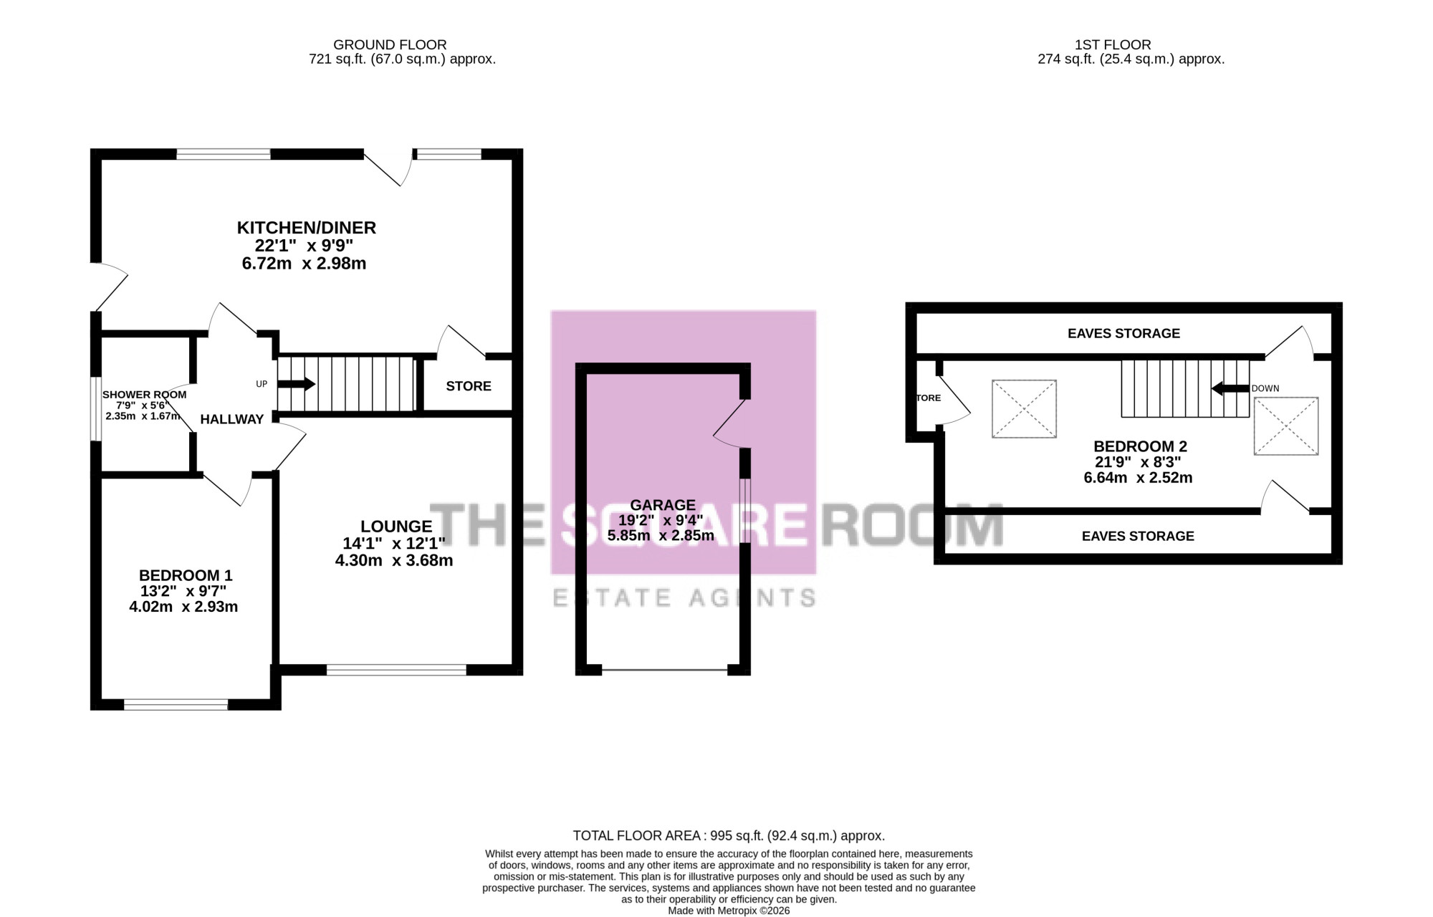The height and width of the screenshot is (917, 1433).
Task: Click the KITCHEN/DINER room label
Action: click(307, 228)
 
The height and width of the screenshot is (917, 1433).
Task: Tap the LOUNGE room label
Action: click(396, 527)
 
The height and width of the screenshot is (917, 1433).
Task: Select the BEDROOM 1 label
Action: click(186, 575)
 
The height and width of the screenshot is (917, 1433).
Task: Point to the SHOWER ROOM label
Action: click(144, 395)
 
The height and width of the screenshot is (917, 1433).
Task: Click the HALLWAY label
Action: click(232, 419)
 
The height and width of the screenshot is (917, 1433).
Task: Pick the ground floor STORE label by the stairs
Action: click(469, 386)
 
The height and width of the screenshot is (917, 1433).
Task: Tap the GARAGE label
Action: click(663, 505)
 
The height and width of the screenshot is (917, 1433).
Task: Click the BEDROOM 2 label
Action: click(1140, 447)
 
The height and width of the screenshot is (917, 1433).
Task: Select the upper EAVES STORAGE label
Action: click(1123, 333)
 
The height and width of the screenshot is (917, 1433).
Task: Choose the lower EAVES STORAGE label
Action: click(1138, 536)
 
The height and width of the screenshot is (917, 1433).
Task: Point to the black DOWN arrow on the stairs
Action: click(1230, 388)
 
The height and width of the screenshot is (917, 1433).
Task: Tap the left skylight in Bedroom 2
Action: click(1024, 408)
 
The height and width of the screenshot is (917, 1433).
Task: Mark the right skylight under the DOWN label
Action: click(1286, 426)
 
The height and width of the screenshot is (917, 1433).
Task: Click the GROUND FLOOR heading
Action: click(390, 45)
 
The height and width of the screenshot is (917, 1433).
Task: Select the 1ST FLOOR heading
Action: click(1113, 45)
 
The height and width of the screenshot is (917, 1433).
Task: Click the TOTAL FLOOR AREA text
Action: click(729, 835)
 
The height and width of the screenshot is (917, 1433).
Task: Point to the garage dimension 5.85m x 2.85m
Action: click(661, 535)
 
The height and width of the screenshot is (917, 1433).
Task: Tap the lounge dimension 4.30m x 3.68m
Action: click(394, 560)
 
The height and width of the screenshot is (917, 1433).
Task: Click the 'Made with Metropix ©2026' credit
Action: click(729, 911)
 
